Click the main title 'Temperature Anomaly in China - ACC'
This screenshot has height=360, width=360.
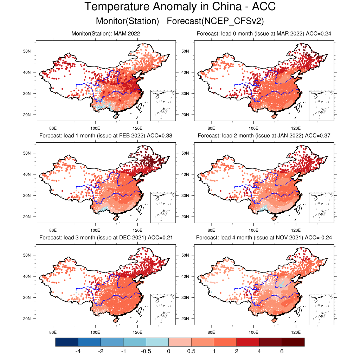point(180,7)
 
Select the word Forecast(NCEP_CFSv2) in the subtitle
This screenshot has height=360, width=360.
point(215,21)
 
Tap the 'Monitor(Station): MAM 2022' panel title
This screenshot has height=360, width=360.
point(105,34)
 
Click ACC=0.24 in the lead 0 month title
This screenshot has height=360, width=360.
point(319,34)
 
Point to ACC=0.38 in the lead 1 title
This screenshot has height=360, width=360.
point(160,136)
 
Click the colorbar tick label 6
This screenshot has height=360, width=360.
point(282,351)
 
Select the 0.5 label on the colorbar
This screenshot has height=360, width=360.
point(191,351)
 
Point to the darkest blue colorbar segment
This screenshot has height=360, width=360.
point(67,342)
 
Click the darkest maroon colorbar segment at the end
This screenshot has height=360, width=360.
point(293,342)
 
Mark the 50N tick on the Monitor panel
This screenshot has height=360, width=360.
point(27,51)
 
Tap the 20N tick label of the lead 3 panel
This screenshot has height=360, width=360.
point(27,319)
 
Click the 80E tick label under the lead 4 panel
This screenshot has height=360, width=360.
point(211,331)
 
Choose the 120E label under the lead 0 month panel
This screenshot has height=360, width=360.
point(296,127)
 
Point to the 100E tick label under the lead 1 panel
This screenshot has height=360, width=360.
point(95,229)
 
